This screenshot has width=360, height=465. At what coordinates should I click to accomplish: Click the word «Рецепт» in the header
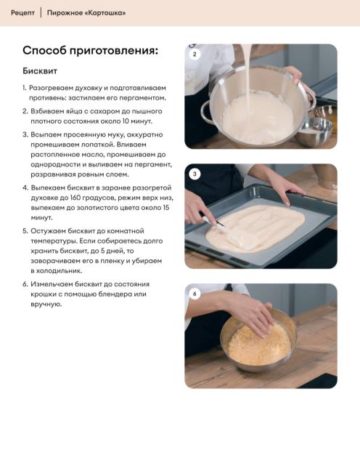click(x=22, y=13)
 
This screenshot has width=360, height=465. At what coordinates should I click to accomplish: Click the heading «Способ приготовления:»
click(x=91, y=51)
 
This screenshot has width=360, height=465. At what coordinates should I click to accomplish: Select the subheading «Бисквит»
click(x=40, y=71)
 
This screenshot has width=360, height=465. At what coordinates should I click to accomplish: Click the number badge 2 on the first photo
click(x=195, y=54)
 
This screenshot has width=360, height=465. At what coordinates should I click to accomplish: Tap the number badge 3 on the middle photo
click(x=195, y=174)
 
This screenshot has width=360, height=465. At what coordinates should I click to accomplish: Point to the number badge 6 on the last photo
click(x=195, y=294)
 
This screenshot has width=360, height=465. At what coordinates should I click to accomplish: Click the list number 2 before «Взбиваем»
click(x=25, y=111)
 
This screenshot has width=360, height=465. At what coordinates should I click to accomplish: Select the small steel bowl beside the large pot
click(x=315, y=131)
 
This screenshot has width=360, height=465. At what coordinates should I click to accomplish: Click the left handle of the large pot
click(x=207, y=113)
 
